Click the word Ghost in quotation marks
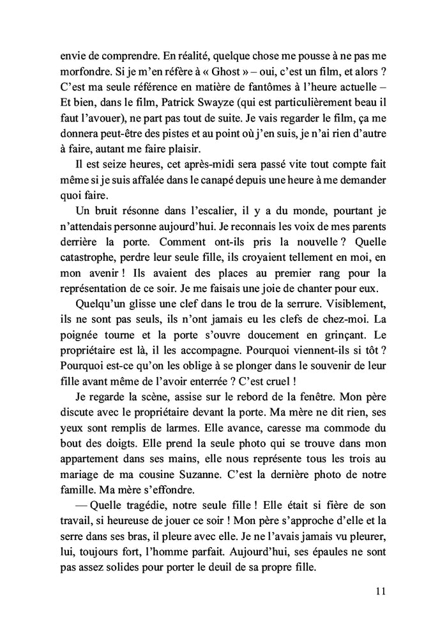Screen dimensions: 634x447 tap(188, 67)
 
